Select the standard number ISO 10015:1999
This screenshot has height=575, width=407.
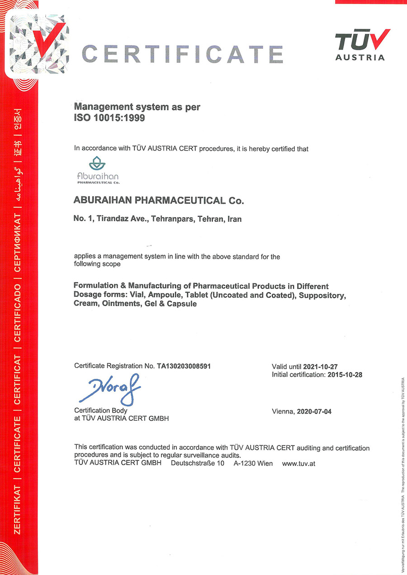coord(110,119)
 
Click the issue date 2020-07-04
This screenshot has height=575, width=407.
coord(314,411)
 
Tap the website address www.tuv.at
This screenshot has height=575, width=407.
coord(298,464)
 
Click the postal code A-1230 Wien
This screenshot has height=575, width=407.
coord(253,464)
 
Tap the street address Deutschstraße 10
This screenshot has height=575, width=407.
coord(198,464)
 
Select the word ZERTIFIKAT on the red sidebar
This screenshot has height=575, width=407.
coord(18,509)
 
